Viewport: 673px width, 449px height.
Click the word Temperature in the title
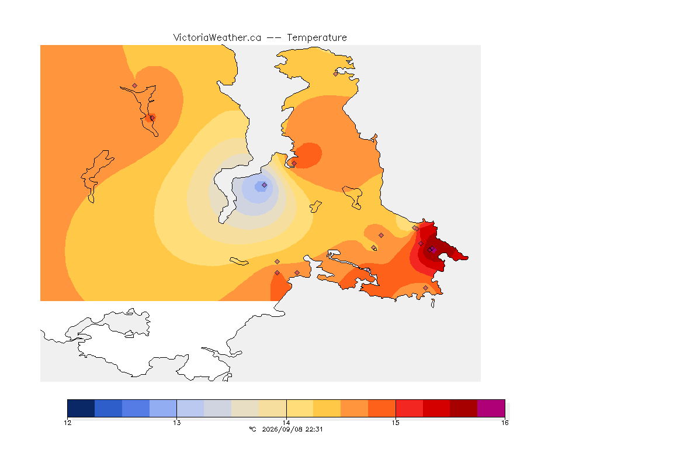coord(317,38)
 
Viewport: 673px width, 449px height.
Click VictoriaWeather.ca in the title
coord(217,38)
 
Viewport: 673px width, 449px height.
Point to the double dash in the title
coord(274,38)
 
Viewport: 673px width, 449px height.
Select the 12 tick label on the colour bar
coord(68,423)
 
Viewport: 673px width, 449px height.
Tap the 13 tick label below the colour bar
coord(177,423)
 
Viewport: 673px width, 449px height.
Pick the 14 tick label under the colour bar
coord(286,423)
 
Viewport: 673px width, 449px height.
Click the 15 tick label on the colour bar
coord(396,423)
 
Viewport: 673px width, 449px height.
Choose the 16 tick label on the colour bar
coord(505,423)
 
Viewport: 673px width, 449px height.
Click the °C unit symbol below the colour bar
coord(252,429)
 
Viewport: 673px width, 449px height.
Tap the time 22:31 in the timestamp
coord(314,429)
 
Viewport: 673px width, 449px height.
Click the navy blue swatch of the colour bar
coord(81,408)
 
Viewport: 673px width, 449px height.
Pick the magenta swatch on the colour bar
coord(491,408)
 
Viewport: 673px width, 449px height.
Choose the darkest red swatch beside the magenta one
coord(463,408)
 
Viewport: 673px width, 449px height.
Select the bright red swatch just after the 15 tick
coord(409,408)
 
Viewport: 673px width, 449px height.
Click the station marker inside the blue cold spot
coord(265,185)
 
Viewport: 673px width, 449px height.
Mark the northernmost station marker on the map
coord(336,74)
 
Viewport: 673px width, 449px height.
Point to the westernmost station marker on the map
coord(135,86)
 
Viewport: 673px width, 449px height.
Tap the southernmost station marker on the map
coord(425,288)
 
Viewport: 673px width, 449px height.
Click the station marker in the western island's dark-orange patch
coord(152,118)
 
